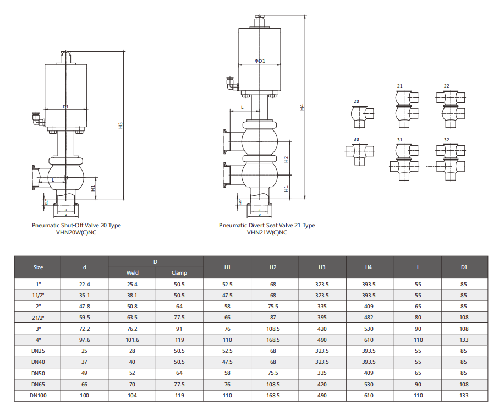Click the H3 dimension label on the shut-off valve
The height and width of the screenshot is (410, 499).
[x=120, y=125]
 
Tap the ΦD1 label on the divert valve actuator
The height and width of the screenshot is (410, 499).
[x=260, y=61]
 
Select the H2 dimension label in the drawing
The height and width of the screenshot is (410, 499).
[x=286, y=159]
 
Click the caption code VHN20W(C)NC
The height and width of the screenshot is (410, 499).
[x=76, y=232]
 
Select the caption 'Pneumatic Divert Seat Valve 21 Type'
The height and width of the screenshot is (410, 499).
[x=267, y=225]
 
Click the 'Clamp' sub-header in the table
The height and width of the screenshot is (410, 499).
[x=179, y=272]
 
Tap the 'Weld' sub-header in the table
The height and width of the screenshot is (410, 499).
[x=132, y=272]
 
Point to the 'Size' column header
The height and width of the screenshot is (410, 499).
[x=38, y=267]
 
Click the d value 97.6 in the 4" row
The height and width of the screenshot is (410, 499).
[x=84, y=340]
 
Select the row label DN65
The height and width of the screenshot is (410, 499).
[x=38, y=384]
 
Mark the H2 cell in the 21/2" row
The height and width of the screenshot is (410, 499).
[x=274, y=318]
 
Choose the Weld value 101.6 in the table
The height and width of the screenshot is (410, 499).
[x=132, y=340]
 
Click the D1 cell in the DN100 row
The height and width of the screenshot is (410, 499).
[x=464, y=396]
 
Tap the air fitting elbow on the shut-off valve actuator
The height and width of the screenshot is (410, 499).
[x=37, y=119]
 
